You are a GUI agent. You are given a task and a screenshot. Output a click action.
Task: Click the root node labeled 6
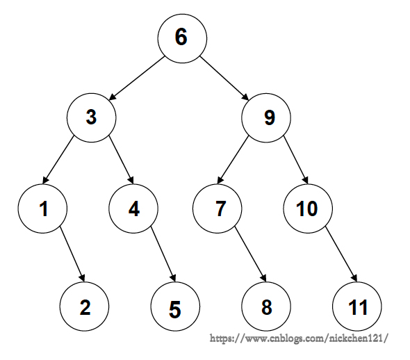point(182,38)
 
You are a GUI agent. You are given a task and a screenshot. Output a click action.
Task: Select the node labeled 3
point(91,117)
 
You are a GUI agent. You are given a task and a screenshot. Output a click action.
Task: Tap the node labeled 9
point(266,117)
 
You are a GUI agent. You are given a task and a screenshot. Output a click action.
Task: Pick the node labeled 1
point(42,208)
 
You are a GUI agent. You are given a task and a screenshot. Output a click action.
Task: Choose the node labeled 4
point(133,208)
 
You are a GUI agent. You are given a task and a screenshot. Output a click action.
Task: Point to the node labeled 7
point(218,208)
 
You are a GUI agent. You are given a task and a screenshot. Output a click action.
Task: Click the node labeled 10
point(308,208)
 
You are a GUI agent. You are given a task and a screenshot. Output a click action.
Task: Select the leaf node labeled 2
point(84,306)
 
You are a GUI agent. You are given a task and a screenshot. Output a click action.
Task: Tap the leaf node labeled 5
point(175,306)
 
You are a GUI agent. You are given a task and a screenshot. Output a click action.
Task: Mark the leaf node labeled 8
point(266,306)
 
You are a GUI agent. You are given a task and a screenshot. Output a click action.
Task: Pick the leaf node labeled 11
point(357,306)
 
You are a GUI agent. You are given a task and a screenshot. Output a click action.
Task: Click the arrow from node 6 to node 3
point(137,78)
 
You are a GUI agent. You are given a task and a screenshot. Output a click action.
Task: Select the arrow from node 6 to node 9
point(224,78)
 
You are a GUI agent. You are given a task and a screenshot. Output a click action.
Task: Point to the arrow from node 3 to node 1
point(58,160)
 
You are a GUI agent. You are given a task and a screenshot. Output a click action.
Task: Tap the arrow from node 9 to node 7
point(233,160)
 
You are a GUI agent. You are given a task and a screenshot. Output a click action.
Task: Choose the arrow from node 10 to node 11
point(341,254)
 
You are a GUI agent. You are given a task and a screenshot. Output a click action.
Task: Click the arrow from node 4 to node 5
point(163,254)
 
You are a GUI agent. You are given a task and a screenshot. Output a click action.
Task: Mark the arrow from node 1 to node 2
point(72,254)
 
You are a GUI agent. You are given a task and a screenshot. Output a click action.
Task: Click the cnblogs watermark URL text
point(299,338)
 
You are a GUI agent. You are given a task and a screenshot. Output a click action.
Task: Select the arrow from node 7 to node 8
point(250,254)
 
